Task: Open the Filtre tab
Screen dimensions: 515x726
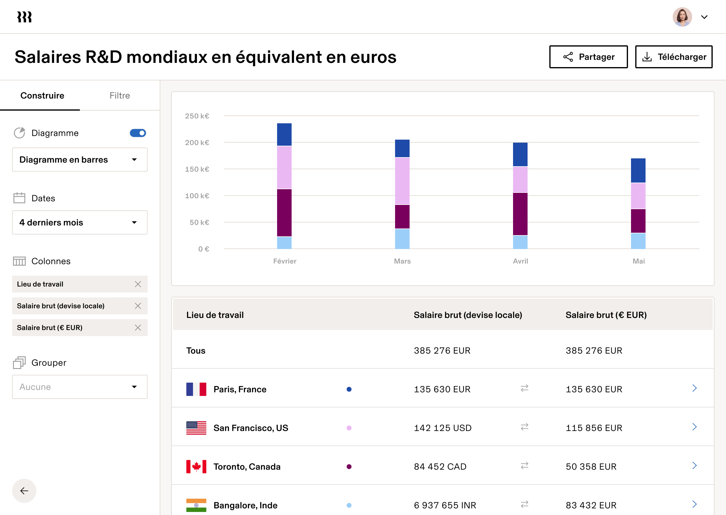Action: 119,96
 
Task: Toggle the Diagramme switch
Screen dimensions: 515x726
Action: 138,133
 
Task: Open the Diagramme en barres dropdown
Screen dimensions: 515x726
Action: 80,160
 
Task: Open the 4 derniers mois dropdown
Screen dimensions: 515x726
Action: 80,222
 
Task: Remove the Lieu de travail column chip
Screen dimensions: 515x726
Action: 138,284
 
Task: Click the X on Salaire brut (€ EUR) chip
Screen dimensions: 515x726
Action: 138,328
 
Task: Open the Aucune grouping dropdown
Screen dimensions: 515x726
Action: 80,387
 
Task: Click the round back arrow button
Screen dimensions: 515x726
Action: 24,491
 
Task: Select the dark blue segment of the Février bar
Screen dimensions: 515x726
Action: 284,134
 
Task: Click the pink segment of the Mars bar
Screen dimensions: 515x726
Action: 402,181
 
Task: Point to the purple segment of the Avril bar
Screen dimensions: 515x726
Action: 520,214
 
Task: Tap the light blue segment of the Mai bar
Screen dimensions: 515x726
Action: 638,241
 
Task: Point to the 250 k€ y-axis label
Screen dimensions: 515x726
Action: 197,116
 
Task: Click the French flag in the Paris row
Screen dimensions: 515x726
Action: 196,389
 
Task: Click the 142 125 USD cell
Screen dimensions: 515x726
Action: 442,428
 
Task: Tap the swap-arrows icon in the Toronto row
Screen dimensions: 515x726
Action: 524,465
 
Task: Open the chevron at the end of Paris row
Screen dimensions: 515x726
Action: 694,388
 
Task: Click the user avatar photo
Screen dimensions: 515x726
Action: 682,17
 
